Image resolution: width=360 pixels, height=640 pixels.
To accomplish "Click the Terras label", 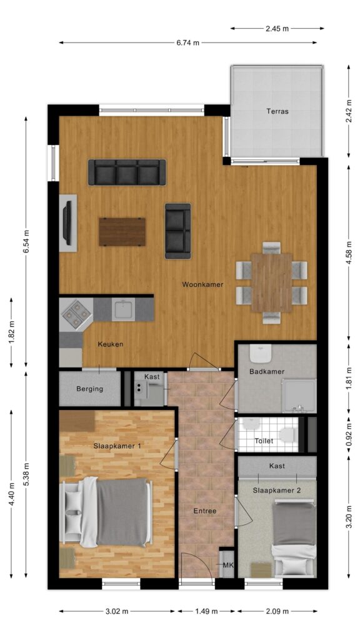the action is pos(277,111).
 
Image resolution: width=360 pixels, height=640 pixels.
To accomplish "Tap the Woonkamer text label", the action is pos(202,284).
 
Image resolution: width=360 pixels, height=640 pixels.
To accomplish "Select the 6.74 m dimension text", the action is pos(187,42).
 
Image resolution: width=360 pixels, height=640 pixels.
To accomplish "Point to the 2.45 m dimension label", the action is pos(277,29).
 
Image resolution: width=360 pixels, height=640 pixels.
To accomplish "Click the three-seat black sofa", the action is pos(127,172).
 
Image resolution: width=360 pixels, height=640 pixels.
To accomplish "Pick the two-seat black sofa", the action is pos(178,231).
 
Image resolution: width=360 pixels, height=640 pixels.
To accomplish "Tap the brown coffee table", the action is pos(122,232).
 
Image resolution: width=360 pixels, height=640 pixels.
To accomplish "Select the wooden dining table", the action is pos(271,282).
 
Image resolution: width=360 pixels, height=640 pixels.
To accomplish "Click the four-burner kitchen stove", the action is pos(76,313).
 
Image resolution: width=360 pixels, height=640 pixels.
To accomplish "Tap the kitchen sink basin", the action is pos(123,309).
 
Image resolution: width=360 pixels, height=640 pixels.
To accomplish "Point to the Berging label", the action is pos(90,389).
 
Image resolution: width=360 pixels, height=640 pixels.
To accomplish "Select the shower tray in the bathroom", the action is pos(299,396).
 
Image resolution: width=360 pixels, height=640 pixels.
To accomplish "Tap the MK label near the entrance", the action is pos(228,565).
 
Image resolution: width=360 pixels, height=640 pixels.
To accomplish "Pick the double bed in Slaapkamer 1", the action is pos(106,512).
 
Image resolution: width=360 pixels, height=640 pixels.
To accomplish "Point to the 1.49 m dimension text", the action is pos(206,611).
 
